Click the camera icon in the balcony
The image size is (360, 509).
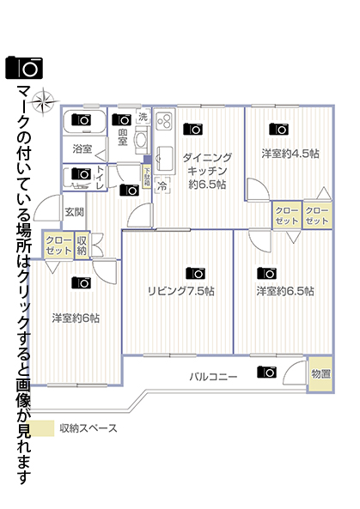pos(266,372)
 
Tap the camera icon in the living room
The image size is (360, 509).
pos(195,273)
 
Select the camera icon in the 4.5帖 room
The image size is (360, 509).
pos(279,129)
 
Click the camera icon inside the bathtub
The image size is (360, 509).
pos(82,119)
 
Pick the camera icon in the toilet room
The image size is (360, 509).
pos(82,173)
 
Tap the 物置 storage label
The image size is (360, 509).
pos(320,373)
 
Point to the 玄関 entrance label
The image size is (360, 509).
pos(75,212)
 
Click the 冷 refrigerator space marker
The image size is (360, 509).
pos(162,185)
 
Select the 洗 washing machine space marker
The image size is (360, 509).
pos(143,117)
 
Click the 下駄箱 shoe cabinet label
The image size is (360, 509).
pos(147,176)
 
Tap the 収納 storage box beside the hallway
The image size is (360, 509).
pos(82,245)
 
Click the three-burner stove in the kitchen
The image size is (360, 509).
pos(164,120)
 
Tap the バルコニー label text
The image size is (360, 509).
pos(213,377)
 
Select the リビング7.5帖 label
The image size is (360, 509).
pos(181,291)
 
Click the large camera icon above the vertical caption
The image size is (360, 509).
pos(24,68)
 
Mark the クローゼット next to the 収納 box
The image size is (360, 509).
pos(58,245)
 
